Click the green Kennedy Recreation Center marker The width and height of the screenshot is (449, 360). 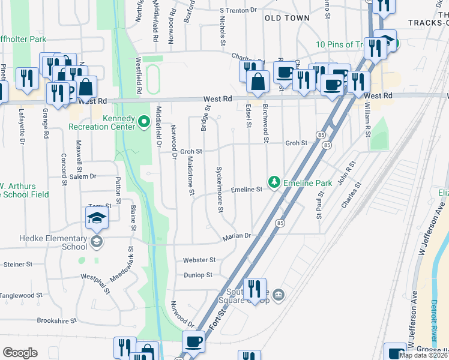(x=143, y=123)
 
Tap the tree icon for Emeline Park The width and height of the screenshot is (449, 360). (x=274, y=181)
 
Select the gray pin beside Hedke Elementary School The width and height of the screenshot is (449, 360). (x=95, y=242)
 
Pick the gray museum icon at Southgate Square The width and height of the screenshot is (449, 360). (x=277, y=295)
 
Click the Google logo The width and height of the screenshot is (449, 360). (x=20, y=353)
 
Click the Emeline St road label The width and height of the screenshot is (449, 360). (x=247, y=189)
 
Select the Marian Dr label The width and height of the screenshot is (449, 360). (x=236, y=236)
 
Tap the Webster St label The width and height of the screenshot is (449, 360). (x=199, y=260)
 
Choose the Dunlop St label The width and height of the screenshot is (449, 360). (x=197, y=275)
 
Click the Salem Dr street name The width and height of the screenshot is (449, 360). (x=84, y=176)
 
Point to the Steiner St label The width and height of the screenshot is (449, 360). (x=17, y=264)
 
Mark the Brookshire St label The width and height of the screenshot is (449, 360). (x=57, y=321)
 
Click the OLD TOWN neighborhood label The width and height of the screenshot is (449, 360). (x=287, y=18)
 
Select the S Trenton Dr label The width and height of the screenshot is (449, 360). (x=238, y=10)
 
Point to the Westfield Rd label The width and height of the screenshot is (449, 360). (x=138, y=75)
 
